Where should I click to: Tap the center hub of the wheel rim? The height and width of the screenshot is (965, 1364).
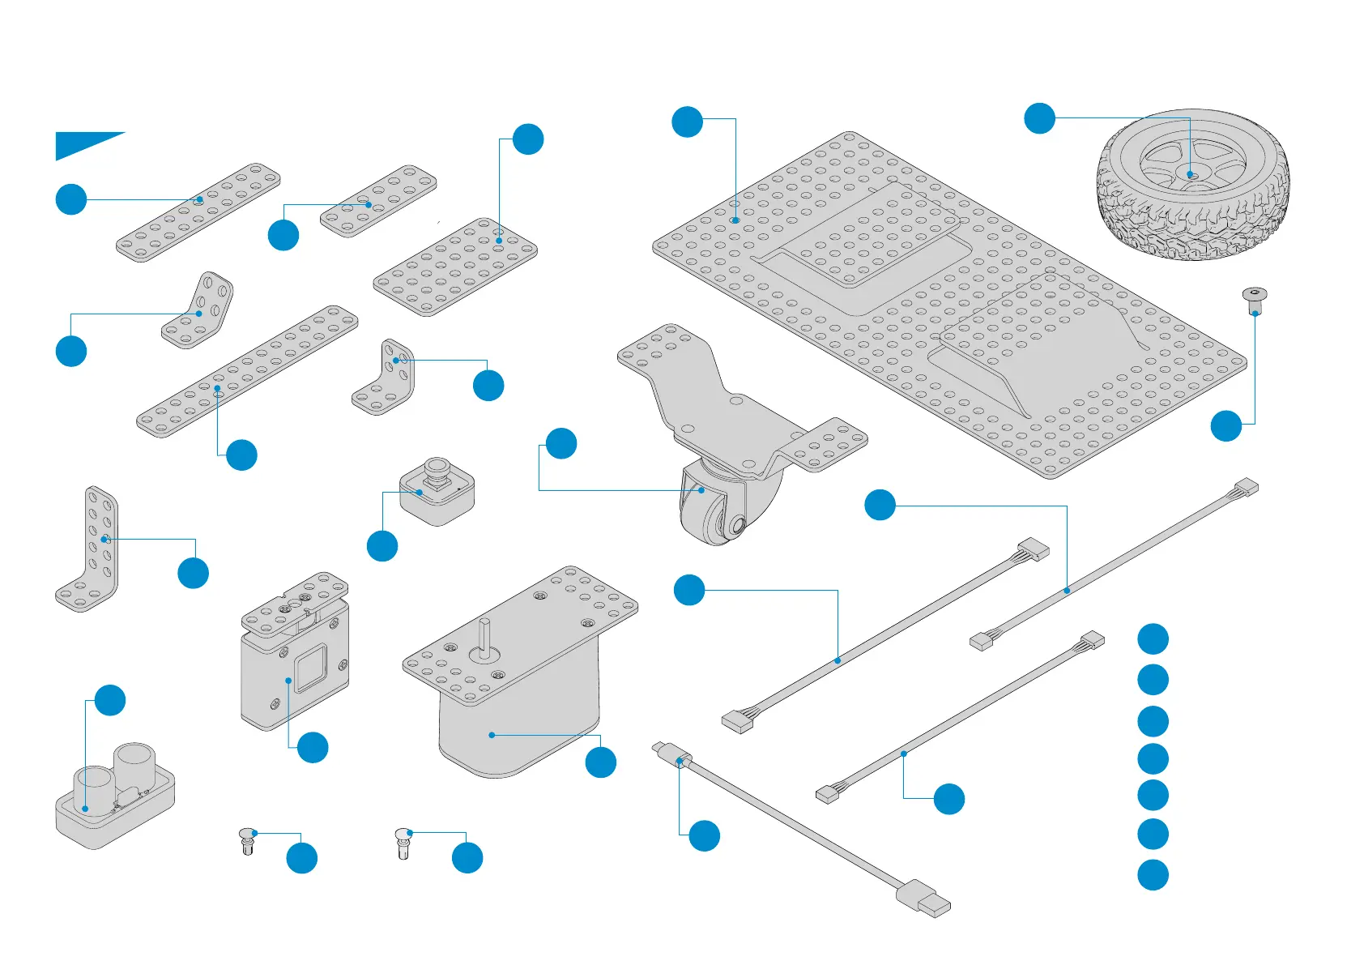(1190, 174)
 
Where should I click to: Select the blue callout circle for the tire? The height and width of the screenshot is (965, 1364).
(1039, 118)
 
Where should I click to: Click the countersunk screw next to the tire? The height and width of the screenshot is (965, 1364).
(1254, 300)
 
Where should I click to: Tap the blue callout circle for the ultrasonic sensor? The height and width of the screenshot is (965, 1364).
(110, 700)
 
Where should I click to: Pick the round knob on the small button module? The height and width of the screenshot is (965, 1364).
(437, 468)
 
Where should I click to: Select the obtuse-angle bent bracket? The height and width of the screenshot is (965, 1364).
(198, 312)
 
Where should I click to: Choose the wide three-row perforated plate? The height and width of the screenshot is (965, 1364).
(455, 267)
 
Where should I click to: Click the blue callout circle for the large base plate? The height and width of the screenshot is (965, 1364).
(687, 122)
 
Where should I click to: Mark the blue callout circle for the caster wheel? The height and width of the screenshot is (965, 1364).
(561, 443)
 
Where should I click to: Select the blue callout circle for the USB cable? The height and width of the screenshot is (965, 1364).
(704, 835)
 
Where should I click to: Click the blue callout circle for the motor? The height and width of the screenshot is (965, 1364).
(600, 762)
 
